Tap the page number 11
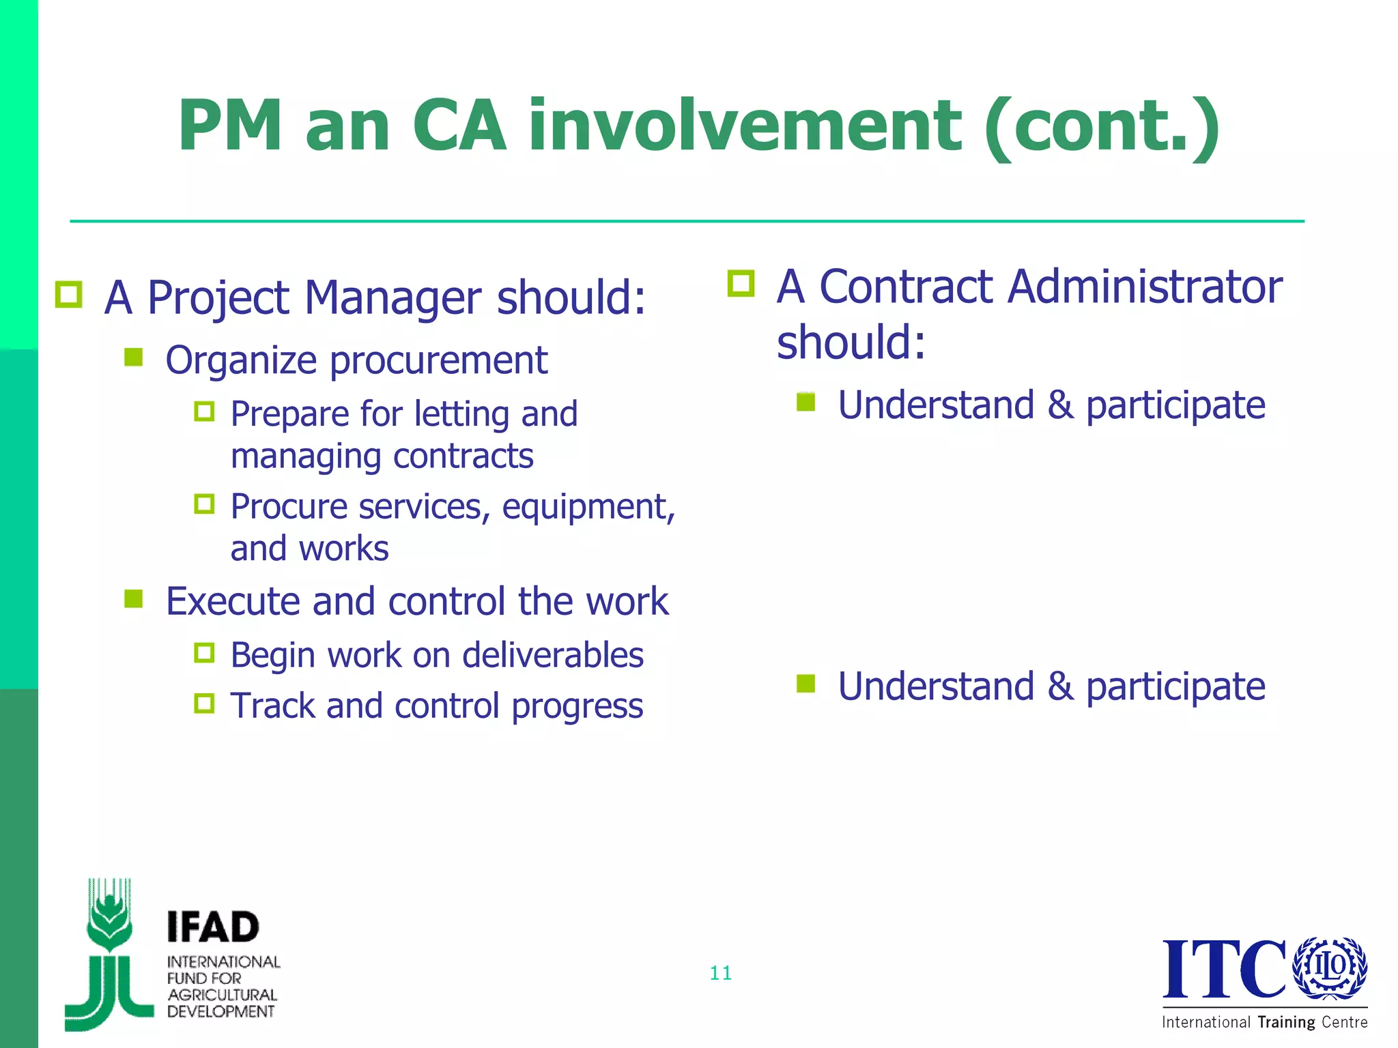click(721, 973)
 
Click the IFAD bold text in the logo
click(213, 928)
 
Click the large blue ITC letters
click(1223, 969)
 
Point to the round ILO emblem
click(1330, 967)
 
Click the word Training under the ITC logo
click(1286, 1022)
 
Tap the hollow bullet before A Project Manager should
click(69, 295)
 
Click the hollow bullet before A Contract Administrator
click(741, 284)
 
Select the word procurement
click(439, 360)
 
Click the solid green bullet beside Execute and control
click(134, 599)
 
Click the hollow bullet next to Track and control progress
click(204, 703)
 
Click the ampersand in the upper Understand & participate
click(1059, 405)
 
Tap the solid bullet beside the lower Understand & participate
click(806, 683)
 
